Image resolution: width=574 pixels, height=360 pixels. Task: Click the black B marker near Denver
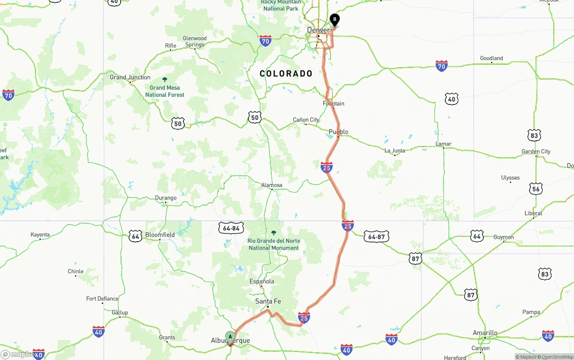[335, 20]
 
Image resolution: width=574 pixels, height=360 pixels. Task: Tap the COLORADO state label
[286, 74]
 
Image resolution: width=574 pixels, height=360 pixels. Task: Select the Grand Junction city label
[130, 77]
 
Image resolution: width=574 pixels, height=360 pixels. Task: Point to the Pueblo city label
[339, 132]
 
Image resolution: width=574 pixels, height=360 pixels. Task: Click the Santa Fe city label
[268, 301]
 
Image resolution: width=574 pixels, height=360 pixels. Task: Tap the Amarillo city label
[485, 333]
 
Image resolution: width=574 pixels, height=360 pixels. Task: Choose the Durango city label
[166, 198]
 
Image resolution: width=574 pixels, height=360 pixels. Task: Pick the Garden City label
[536, 152]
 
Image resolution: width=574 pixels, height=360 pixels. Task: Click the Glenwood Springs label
[195, 41]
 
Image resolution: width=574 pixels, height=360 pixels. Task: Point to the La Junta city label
[395, 151]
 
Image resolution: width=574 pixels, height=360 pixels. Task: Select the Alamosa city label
[272, 185]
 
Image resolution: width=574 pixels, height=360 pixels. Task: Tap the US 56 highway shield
[536, 189]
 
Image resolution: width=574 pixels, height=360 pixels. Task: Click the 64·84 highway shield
[231, 228]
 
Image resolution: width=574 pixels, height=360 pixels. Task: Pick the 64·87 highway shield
[376, 237]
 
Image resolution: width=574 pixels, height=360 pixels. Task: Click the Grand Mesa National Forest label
[165, 91]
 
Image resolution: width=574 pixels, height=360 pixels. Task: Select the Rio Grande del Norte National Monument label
[274, 244]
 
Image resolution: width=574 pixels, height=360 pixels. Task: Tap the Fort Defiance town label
[102, 299]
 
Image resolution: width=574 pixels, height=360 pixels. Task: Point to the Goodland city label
[491, 58]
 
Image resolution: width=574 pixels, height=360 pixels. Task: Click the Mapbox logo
[19, 355]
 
